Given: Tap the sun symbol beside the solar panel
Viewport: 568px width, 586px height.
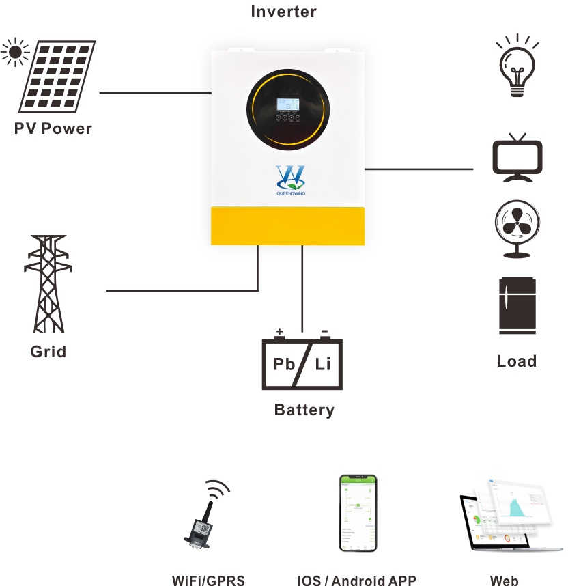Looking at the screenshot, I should (14, 52).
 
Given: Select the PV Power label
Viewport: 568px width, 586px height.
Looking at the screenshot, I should (53, 128).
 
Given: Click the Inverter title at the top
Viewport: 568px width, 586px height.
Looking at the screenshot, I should (284, 12).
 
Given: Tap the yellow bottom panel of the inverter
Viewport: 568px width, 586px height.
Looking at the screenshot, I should (287, 225).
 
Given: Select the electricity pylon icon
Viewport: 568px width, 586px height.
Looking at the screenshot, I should (48, 283).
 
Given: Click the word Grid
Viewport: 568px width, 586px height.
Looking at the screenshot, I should (48, 352).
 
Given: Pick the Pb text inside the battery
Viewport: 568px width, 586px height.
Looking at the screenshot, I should (284, 363).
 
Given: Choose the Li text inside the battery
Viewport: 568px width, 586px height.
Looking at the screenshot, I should (322, 363).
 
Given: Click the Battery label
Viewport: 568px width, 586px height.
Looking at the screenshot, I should (304, 410).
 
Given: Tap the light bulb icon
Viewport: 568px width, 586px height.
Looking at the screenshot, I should (517, 66).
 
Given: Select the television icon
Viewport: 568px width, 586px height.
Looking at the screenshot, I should (517, 158).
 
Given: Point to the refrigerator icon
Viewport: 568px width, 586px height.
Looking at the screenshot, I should (517, 305).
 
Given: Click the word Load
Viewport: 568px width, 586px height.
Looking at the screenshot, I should (517, 361).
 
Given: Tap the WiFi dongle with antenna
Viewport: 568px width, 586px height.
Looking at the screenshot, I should (202, 520).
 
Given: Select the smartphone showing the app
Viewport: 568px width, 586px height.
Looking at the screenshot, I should (358, 513).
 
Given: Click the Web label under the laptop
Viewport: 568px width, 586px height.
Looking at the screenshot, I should (504, 581).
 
